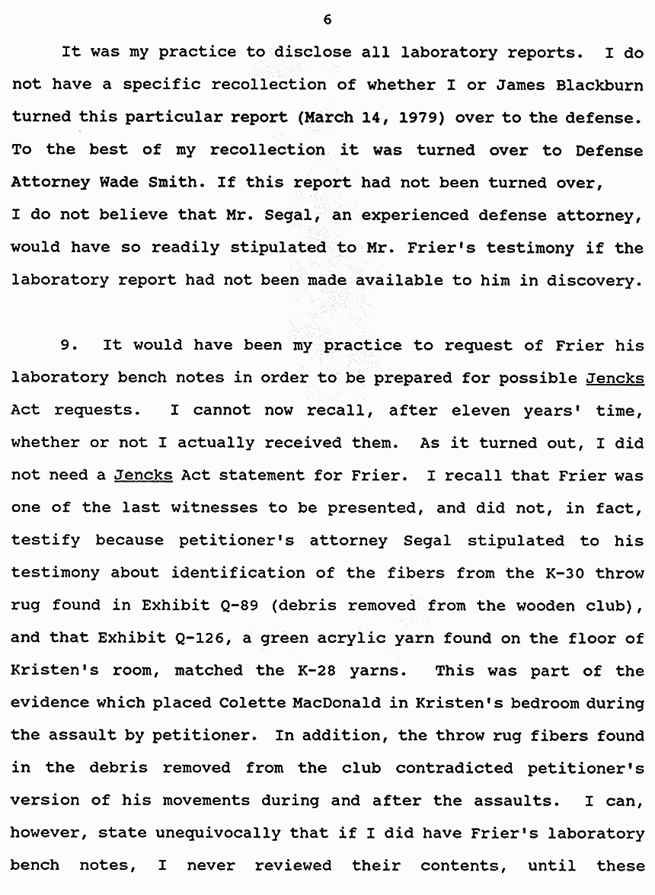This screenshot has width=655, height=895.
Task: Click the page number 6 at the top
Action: [x=327, y=21]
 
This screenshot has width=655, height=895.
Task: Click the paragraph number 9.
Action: [x=69, y=345]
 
